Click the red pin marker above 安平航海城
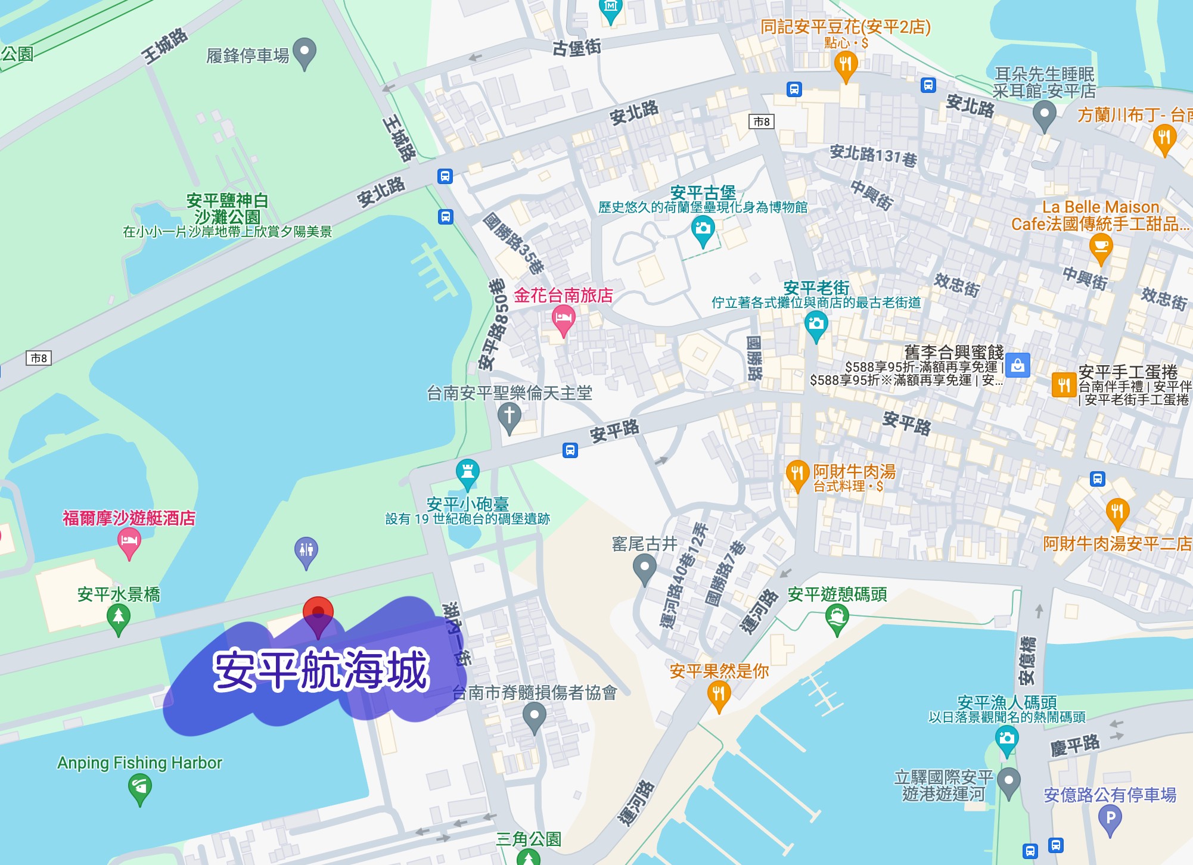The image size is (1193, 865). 318,612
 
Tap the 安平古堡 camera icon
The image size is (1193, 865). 703,229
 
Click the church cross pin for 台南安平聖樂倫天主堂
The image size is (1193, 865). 509,415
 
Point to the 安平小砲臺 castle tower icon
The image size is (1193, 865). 468,472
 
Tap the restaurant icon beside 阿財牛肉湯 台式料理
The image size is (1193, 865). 797,474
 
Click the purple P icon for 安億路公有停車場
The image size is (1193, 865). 1110,819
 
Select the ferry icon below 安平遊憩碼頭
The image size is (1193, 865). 837,618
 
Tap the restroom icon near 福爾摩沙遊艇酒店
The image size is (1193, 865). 306,550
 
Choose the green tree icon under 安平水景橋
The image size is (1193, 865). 119,618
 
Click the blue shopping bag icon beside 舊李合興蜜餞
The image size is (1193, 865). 1017,366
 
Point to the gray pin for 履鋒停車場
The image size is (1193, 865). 305,52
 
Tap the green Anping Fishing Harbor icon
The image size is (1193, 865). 139,787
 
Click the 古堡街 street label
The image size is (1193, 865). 576,47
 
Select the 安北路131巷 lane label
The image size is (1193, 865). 873,156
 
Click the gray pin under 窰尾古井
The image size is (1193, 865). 644,567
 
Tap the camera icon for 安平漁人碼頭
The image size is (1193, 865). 1006,739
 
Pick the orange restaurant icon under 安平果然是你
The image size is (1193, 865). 719,695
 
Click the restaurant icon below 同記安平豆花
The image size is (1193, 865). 846,64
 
